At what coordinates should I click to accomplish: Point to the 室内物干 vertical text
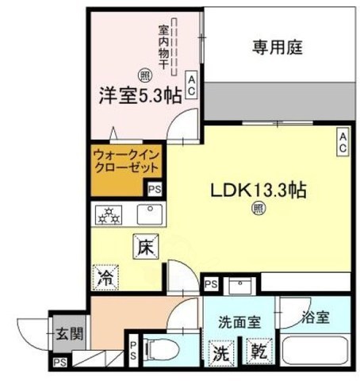pos(163,49)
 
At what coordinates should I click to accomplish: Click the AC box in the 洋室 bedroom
pos(191,85)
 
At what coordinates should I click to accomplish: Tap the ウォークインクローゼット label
pos(127,163)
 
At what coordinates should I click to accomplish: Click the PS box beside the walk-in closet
pos(155,189)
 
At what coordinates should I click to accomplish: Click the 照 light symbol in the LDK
pos(259,208)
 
